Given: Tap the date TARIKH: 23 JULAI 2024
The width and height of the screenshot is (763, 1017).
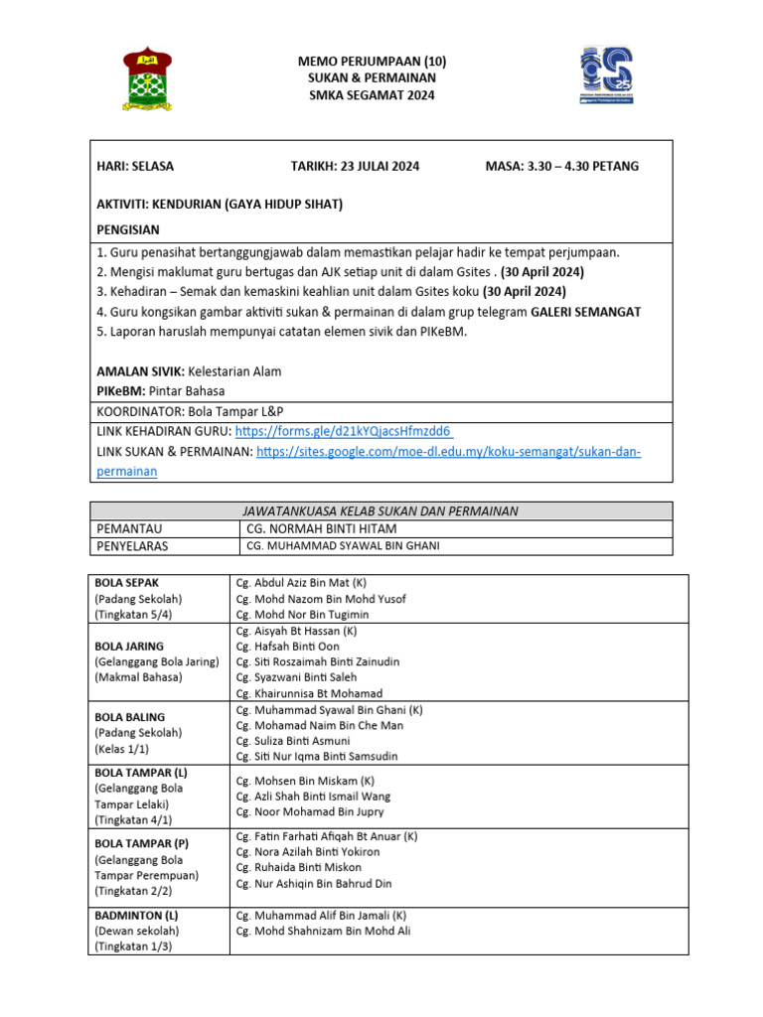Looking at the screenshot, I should (355, 166).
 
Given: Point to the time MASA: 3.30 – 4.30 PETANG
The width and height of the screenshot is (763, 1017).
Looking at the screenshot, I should (562, 166).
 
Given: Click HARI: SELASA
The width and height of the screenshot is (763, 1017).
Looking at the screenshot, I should (135, 166).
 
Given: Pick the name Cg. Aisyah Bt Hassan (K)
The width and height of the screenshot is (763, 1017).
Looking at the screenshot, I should (296, 631).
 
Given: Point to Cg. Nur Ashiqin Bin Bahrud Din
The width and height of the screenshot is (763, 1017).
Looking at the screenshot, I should (314, 883).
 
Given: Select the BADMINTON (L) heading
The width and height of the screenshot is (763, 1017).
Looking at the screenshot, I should (136, 915).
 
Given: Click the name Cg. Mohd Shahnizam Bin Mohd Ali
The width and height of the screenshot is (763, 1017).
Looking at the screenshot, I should (323, 931).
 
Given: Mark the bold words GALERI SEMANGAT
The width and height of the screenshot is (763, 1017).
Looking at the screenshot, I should (586, 312).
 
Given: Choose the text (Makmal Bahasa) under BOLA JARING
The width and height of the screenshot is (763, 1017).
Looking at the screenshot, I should (138, 677).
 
